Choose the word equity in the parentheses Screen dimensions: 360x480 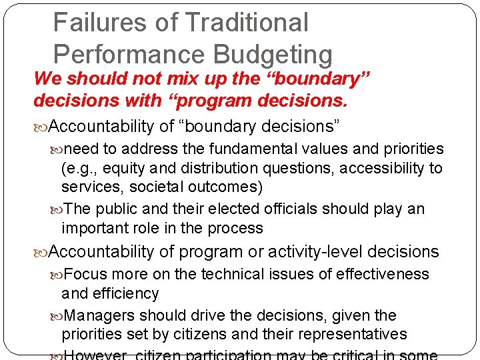click(x=136, y=168)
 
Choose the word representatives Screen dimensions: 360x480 click(x=342, y=334)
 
